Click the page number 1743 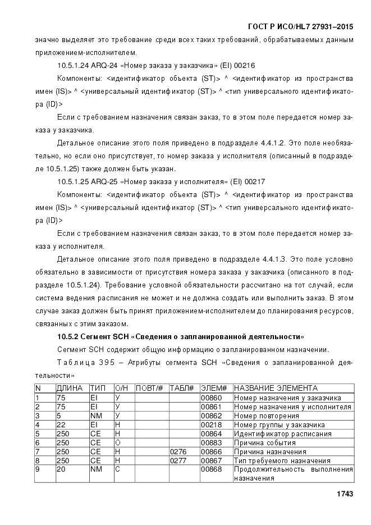click(x=344, y=494)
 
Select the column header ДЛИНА click(x=70, y=388)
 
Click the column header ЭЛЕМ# click(x=213, y=388)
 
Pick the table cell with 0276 click(x=178, y=451)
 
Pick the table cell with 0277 click(x=178, y=460)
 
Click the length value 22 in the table click(x=61, y=424)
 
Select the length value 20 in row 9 click(x=61, y=469)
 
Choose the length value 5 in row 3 click(x=58, y=416)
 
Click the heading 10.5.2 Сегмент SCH click(x=181, y=336)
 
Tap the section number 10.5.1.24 click(x=75, y=65)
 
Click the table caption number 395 click(x=107, y=362)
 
